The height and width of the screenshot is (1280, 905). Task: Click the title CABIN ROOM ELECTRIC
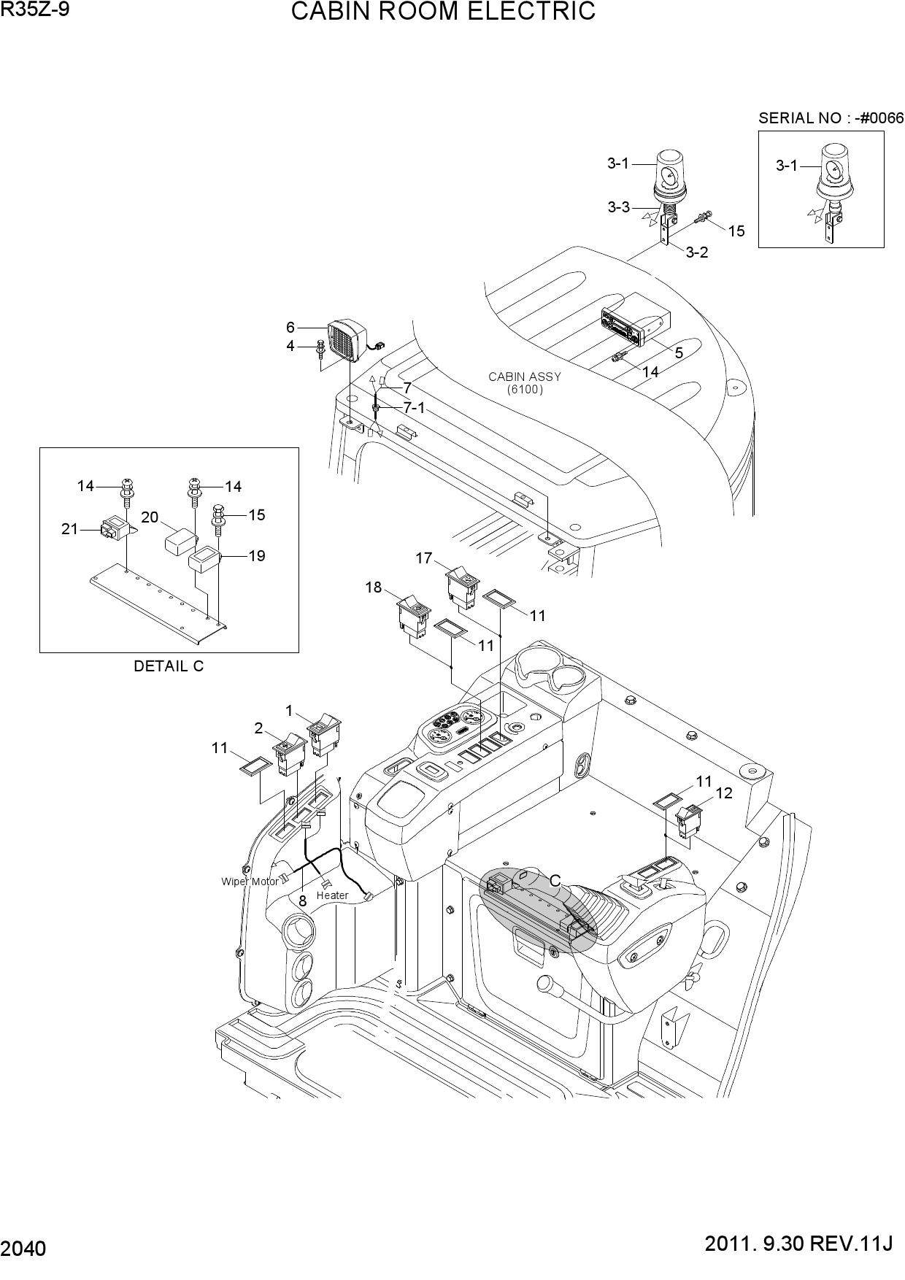tap(443, 12)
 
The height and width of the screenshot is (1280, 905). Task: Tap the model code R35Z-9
tap(35, 9)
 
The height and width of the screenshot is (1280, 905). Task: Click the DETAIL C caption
tap(169, 666)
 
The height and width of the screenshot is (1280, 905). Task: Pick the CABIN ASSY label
tap(525, 377)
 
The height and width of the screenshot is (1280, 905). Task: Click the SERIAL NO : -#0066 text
tap(831, 118)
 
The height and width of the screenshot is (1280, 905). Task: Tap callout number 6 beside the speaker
tap(290, 328)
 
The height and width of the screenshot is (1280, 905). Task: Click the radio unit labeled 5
tap(633, 321)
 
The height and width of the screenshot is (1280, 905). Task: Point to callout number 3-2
tap(697, 252)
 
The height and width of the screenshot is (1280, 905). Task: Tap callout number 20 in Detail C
tap(150, 517)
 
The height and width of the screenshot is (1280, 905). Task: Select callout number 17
tap(424, 558)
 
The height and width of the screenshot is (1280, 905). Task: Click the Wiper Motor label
tap(250, 882)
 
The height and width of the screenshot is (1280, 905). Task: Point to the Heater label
tap(333, 895)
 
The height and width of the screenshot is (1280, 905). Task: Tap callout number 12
tap(724, 793)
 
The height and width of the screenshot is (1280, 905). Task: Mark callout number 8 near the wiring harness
tap(302, 901)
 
